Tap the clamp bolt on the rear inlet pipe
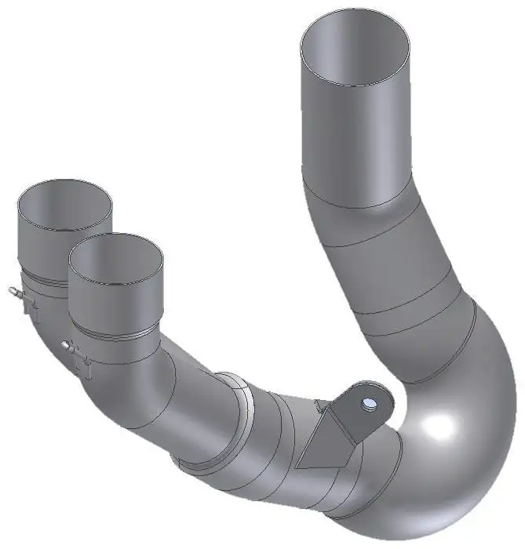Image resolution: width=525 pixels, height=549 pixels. coord(14,293)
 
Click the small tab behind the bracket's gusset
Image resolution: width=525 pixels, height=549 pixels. coord(317,405)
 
